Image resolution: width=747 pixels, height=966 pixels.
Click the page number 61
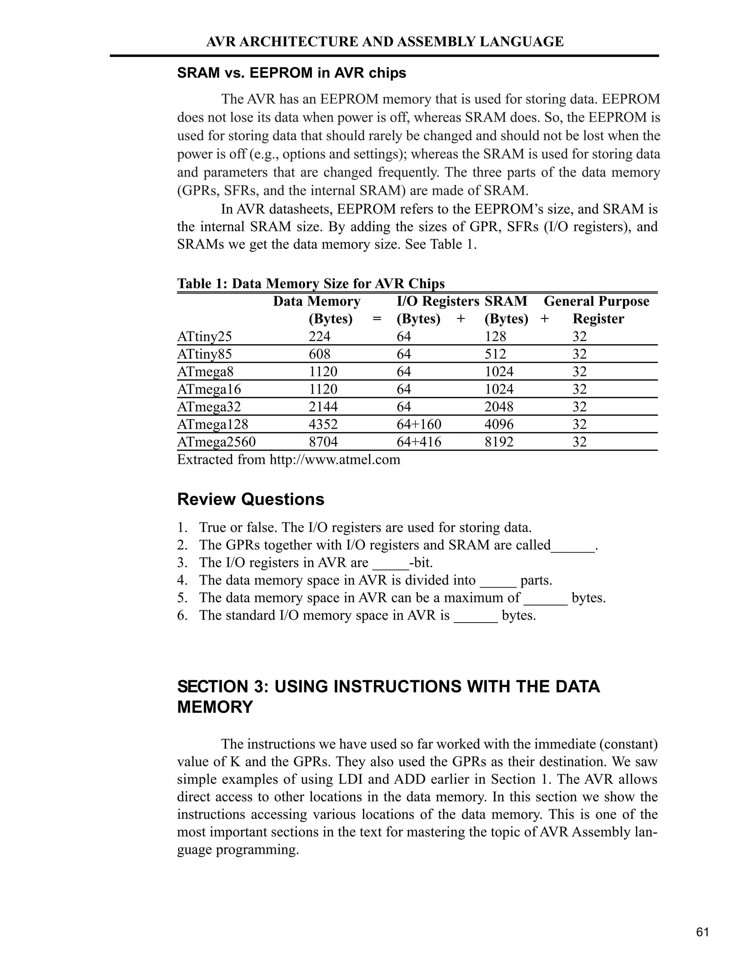pyautogui.click(x=702, y=932)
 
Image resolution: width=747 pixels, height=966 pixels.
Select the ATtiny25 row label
pyautogui.click(x=205, y=336)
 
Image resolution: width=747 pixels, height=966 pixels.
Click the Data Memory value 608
pyautogui.click(x=320, y=354)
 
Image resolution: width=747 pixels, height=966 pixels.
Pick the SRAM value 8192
pyautogui.click(x=499, y=442)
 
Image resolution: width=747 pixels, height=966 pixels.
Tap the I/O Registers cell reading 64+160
pyautogui.click(x=419, y=424)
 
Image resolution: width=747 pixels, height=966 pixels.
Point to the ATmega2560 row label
pyautogui.click(x=216, y=442)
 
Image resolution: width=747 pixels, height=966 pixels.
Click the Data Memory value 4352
pyautogui.click(x=323, y=424)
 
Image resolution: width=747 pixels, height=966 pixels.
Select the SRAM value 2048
pyautogui.click(x=499, y=406)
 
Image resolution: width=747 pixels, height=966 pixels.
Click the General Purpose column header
pyautogui.click(x=596, y=301)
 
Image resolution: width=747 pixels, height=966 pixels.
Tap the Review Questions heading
pyautogui.click(x=251, y=499)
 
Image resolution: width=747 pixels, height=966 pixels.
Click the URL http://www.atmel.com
pyautogui.click(x=335, y=460)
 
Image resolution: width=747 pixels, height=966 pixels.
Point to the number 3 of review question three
pyautogui.click(x=181, y=562)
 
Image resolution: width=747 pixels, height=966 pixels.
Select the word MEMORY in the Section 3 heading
pyautogui.click(x=215, y=707)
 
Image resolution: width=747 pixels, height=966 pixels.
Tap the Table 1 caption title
pyautogui.click(x=311, y=283)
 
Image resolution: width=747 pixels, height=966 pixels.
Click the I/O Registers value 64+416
pyautogui.click(x=419, y=442)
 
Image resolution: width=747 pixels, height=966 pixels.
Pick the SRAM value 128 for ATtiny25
pyautogui.click(x=495, y=336)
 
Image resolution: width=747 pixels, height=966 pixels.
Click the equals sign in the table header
pyautogui.click(x=377, y=319)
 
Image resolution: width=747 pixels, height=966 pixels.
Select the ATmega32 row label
pyautogui.click(x=209, y=406)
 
